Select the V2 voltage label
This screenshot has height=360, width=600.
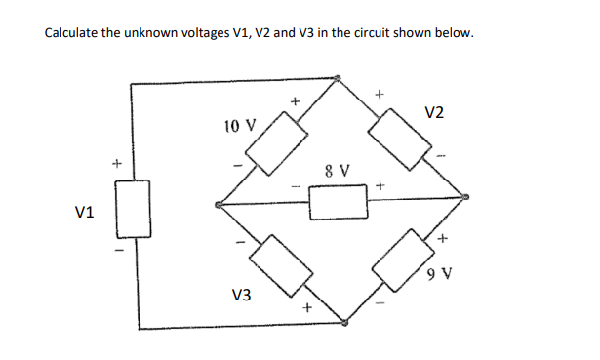[435, 112]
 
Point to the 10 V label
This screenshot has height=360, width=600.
[239, 126]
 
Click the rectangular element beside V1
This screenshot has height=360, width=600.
[135, 209]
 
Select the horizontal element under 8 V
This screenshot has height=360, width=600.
[339, 203]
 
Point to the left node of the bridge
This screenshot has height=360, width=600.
[218, 205]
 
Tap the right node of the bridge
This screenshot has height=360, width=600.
[465, 198]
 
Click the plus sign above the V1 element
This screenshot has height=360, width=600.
[115, 163]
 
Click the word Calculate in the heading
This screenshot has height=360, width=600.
[78, 33]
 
